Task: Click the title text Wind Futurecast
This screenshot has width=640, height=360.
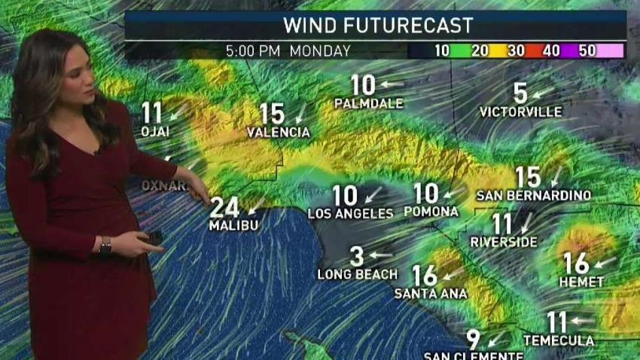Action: pos(377,25)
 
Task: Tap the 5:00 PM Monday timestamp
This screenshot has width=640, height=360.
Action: pos(288,51)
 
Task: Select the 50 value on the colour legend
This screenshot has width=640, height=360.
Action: pos(587,51)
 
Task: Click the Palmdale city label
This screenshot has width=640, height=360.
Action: pos(368,103)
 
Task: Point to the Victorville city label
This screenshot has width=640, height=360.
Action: pos(520,112)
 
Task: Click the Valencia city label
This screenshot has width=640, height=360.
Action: pos(279,133)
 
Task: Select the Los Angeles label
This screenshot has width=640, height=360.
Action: pos(350,214)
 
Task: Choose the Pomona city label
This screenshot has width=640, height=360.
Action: pos(431,212)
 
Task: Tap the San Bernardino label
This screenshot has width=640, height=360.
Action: pos(533,196)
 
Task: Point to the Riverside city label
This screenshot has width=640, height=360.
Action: pos(504,243)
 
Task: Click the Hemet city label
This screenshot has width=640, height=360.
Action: pos(582,282)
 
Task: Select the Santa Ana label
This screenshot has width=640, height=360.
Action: pos(431,294)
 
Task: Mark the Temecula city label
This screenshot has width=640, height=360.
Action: pos(559,341)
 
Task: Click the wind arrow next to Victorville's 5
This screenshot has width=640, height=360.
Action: pos(542,94)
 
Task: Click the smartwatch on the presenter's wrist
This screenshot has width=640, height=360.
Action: pos(105,245)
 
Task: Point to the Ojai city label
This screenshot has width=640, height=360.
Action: pos(154,132)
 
